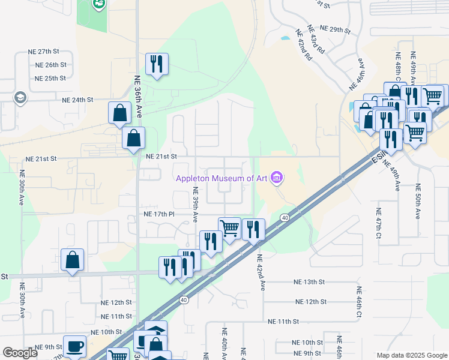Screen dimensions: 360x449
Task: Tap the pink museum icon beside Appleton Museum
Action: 276,178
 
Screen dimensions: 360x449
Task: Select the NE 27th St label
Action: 52,51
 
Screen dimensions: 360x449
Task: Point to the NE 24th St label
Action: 77,100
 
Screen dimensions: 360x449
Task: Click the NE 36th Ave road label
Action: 137,96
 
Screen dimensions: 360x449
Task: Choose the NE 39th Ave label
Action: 195,204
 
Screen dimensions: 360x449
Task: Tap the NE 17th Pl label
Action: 159,214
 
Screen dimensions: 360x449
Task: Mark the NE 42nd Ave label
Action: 261,272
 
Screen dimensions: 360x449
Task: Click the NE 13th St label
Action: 309,281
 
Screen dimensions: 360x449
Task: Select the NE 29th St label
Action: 334,29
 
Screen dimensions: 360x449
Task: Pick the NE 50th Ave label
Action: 418,202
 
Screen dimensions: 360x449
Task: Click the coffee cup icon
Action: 74,346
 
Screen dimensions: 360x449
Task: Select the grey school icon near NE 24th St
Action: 20,98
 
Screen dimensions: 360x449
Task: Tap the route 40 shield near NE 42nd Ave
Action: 285,217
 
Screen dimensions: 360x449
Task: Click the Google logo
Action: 20,353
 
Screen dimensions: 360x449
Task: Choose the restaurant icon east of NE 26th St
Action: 157,64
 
